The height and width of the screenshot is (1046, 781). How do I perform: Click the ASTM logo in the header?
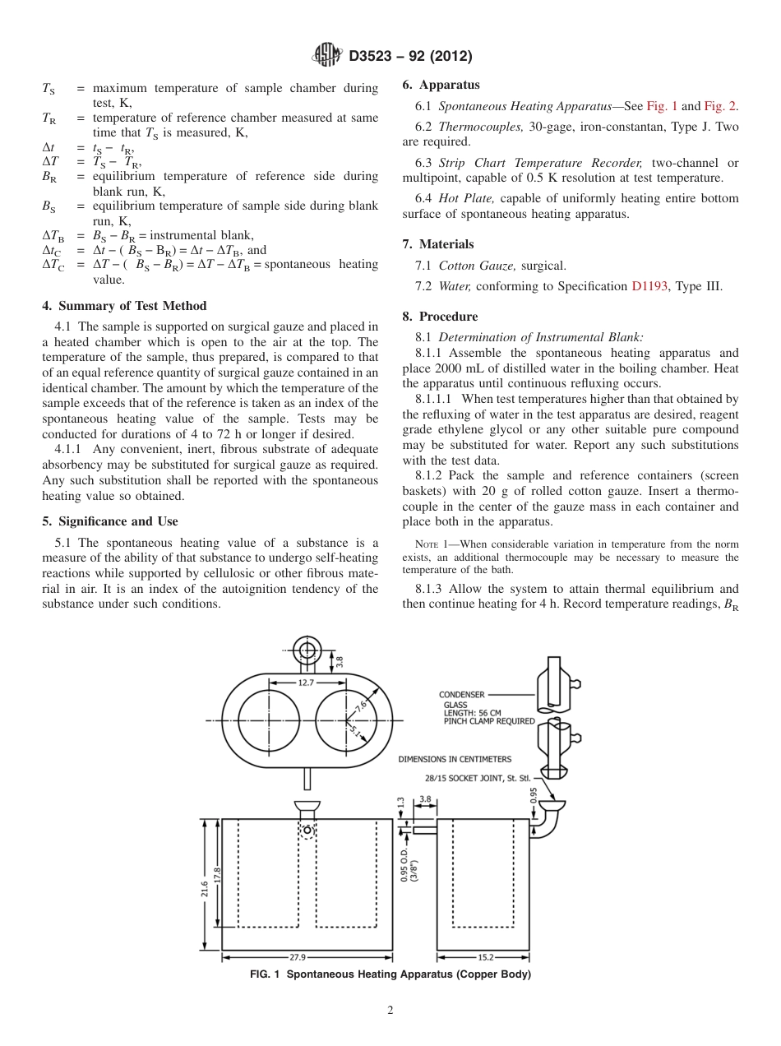[328, 56]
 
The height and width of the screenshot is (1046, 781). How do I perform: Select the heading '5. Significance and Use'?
[110, 521]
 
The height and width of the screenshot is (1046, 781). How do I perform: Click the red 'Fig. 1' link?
[662, 106]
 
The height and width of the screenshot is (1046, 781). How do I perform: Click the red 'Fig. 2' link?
[720, 106]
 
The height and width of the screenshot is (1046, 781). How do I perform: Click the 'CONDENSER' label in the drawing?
[462, 695]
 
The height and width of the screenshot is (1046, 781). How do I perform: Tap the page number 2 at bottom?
[390, 1011]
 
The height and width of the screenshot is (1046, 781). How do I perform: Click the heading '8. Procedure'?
[440, 317]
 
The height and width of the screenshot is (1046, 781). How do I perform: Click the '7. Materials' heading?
[438, 244]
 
